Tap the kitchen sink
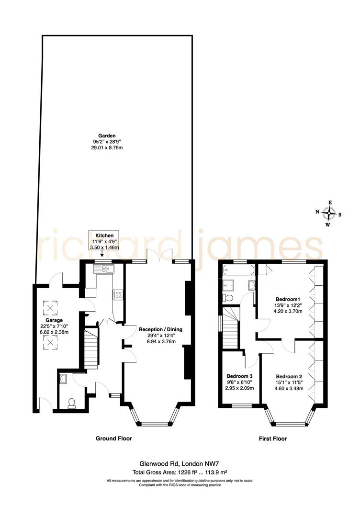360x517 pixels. [103, 269]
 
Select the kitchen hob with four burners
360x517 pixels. [117, 295]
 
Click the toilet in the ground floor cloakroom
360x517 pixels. [72, 404]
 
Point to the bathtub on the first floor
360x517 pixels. [236, 271]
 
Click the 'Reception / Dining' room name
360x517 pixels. [160, 329]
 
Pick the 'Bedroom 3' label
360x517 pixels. [239, 376]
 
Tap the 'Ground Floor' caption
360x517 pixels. [114, 438]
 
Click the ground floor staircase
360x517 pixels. [90, 347]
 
